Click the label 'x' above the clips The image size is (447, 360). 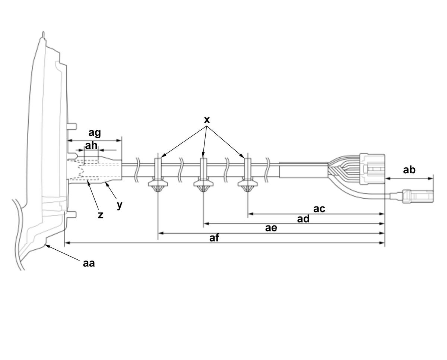point(207,120)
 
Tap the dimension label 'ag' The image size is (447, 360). point(95,133)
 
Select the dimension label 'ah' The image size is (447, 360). point(91,145)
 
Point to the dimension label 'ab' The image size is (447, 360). point(409,170)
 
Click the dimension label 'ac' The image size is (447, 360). point(319,209)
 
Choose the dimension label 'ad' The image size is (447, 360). point(303,219)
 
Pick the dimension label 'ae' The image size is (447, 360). point(271,228)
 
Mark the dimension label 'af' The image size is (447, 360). point(214,238)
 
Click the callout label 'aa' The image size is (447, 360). point(89,263)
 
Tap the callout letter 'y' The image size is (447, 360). point(120,205)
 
